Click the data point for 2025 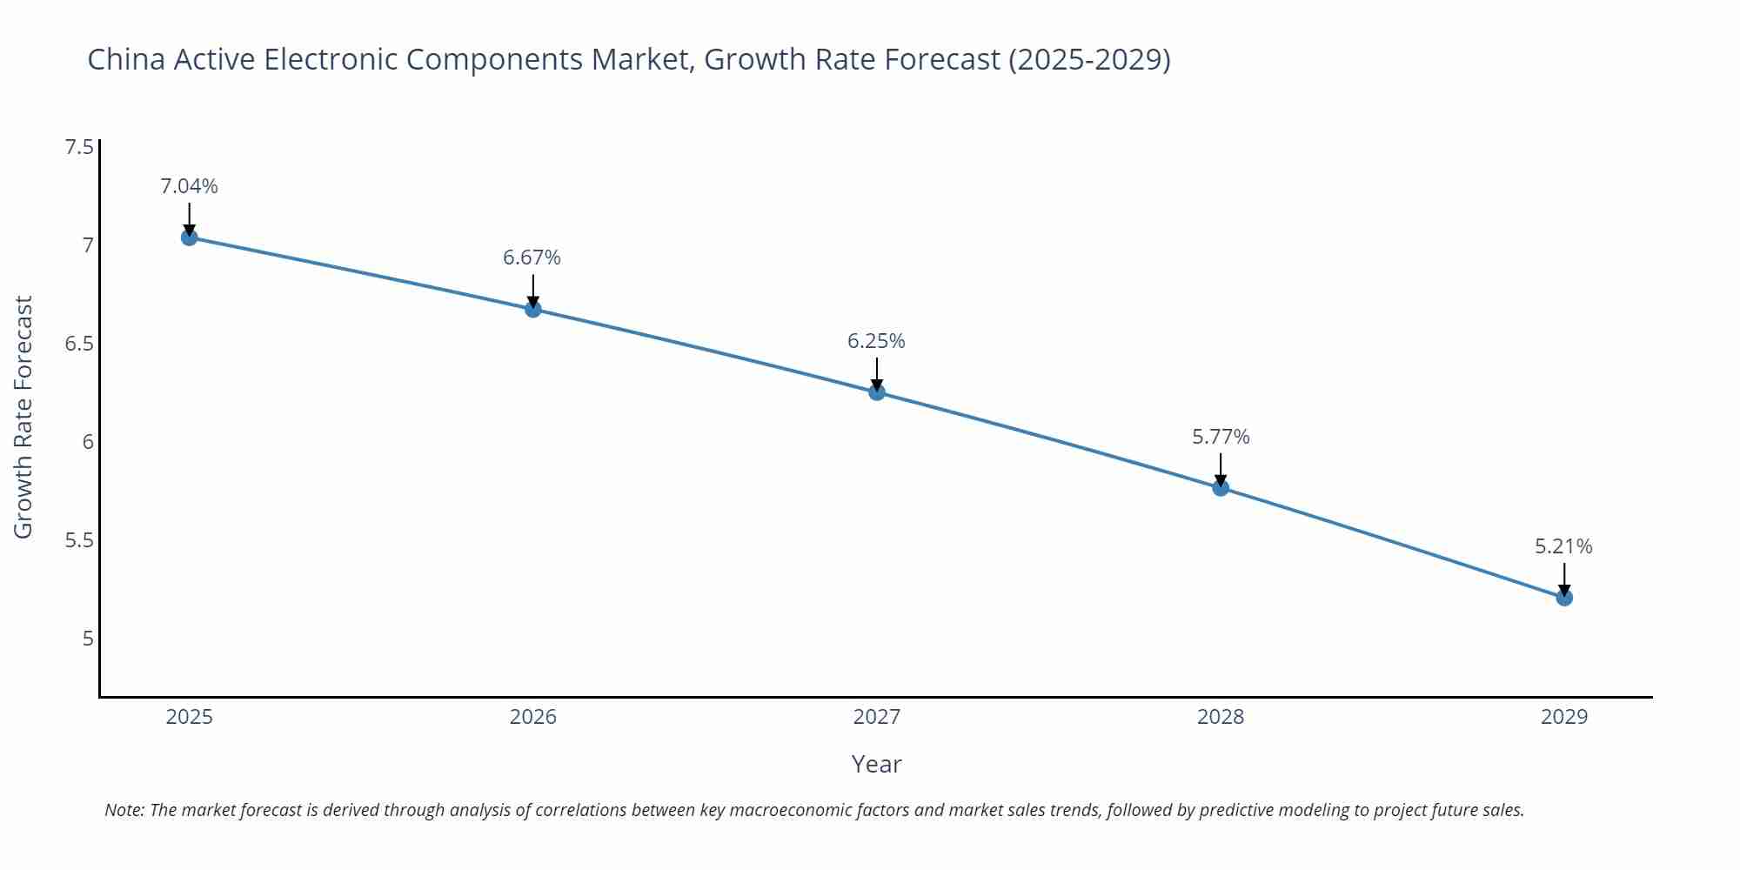[x=190, y=238]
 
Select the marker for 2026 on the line [x=533, y=309]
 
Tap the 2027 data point [x=877, y=392]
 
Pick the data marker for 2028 [x=1221, y=488]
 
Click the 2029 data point [x=1564, y=598]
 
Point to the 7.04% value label [x=190, y=186]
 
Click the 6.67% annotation [x=532, y=258]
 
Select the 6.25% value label [x=877, y=341]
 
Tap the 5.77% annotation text [x=1221, y=437]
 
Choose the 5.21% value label [x=1563, y=546]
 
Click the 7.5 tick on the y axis [x=79, y=146]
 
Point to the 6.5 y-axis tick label [x=79, y=344]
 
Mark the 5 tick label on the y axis [x=88, y=639]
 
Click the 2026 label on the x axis [x=533, y=717]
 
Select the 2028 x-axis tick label [x=1221, y=717]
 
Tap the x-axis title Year [x=877, y=764]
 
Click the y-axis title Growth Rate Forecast [x=23, y=418]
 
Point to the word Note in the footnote [x=124, y=810]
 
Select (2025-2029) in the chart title [x=1089, y=59]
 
